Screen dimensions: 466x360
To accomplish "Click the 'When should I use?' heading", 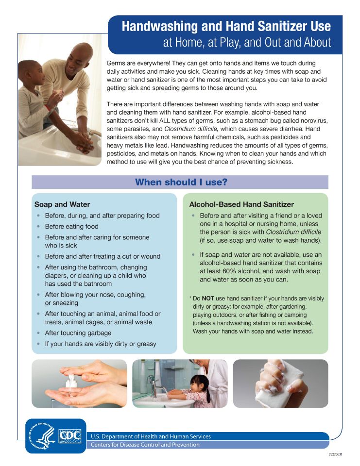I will (181, 183).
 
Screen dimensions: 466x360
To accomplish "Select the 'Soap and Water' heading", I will (62, 204).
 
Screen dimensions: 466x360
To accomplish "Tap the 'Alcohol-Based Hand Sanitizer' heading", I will (241, 204).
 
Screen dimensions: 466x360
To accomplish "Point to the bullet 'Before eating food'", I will (71, 226).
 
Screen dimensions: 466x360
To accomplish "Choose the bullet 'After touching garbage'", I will (78, 333).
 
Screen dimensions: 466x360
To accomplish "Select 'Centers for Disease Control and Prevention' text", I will (145, 445).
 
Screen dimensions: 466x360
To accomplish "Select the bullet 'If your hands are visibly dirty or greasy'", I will (101, 344).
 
